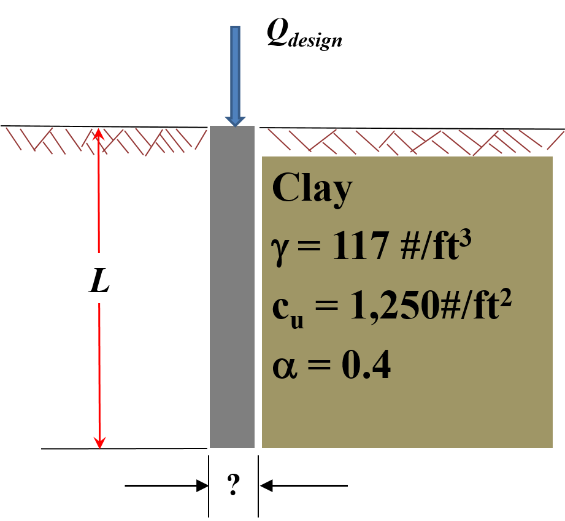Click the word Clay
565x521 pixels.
pos(312,188)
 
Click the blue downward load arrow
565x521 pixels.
pos(235,74)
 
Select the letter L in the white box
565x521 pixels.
pos(99,282)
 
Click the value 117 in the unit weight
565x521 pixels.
pos(360,247)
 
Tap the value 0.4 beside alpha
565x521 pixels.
pos(366,368)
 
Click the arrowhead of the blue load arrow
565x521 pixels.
pos(235,120)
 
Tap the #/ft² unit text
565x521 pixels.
pos(482,306)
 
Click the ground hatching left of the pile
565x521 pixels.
pos(104,140)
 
